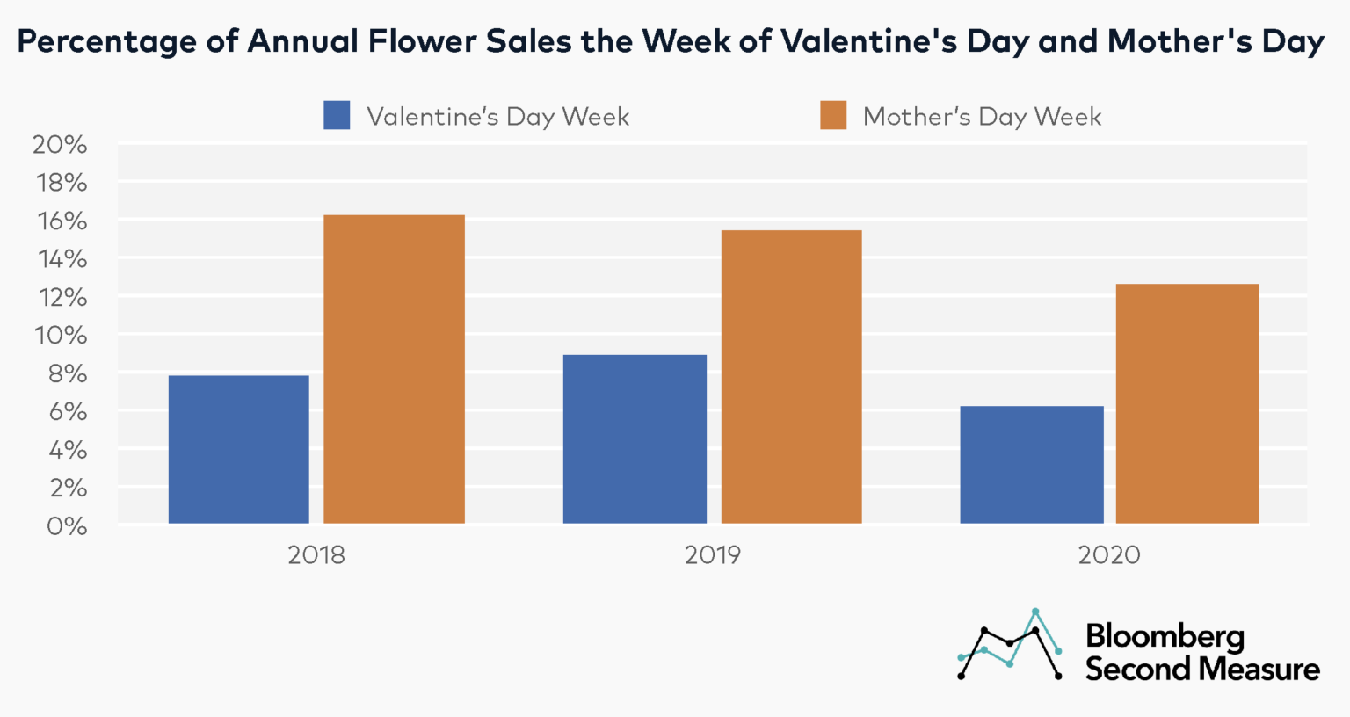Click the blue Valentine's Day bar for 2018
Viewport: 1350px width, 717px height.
tap(238, 449)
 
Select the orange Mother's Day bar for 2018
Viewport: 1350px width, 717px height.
tap(394, 369)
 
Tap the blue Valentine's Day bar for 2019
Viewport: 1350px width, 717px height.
tap(635, 438)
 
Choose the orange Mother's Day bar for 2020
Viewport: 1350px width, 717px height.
tap(1187, 403)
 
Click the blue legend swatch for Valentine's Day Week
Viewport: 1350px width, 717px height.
tap(337, 115)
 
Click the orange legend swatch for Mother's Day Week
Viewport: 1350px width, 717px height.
tap(833, 115)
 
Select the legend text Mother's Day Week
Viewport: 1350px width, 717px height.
tap(982, 117)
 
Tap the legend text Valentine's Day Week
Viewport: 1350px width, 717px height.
tap(497, 117)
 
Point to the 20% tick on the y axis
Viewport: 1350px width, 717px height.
tap(60, 145)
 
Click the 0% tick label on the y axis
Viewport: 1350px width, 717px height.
tap(66, 525)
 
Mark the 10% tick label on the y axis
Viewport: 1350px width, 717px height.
tap(60, 336)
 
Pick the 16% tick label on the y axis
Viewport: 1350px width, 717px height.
tap(60, 221)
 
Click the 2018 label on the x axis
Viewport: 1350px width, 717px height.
tap(316, 555)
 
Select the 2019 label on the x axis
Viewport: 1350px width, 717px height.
tap(713, 555)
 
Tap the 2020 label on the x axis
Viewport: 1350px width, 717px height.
tap(1109, 555)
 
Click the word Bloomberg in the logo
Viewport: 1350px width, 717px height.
tap(1165, 636)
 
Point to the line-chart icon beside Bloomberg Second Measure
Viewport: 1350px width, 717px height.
tap(1010, 646)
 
